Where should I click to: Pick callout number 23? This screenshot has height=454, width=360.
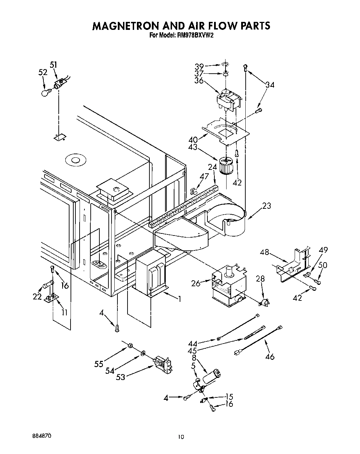pos(267,206)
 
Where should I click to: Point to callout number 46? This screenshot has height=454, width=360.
pos(270,356)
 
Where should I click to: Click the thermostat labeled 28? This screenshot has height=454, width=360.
pos(265,303)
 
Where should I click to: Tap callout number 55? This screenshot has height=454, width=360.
pos(99,364)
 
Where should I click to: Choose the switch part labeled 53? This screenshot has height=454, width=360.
pos(163,365)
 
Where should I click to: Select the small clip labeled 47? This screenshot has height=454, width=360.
pos(194,190)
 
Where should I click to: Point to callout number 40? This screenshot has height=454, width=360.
pos(193,140)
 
